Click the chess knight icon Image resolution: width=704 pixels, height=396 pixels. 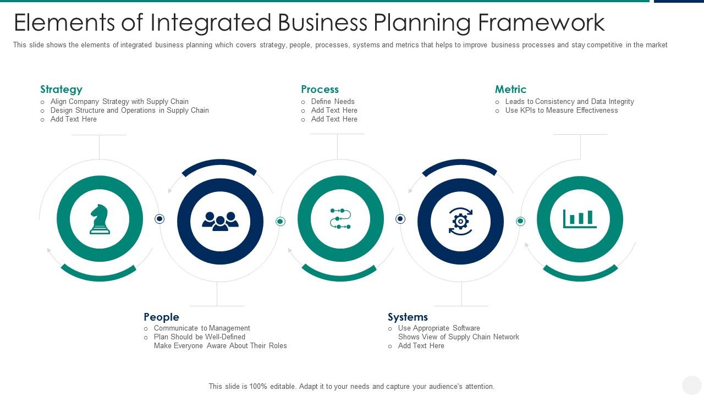(x=100, y=219)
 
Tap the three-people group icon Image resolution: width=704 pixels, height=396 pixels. (x=220, y=221)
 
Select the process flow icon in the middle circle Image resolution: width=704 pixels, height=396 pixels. (x=340, y=218)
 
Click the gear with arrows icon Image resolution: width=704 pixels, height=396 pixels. (x=460, y=221)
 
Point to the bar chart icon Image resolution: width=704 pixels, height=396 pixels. (x=580, y=219)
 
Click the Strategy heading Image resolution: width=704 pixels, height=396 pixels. (x=61, y=89)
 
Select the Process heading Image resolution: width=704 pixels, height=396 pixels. (x=320, y=89)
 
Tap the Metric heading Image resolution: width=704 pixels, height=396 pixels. (x=510, y=89)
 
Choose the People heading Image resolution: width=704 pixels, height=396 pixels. (x=161, y=317)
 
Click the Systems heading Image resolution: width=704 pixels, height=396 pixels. (x=408, y=317)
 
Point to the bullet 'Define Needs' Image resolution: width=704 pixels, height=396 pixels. (x=333, y=101)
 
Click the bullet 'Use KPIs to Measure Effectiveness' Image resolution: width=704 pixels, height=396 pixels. (x=562, y=110)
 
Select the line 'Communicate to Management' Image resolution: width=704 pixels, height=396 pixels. (x=202, y=328)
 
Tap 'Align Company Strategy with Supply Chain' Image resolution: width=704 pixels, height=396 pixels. (x=119, y=101)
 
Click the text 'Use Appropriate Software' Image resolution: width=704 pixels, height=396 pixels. (x=439, y=328)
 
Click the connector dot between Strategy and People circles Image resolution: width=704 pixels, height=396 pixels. (x=159, y=219)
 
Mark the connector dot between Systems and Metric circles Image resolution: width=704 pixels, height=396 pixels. (x=520, y=221)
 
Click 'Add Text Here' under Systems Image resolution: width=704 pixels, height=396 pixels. (x=421, y=345)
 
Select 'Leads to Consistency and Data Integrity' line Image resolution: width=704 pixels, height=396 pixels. (x=569, y=101)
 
